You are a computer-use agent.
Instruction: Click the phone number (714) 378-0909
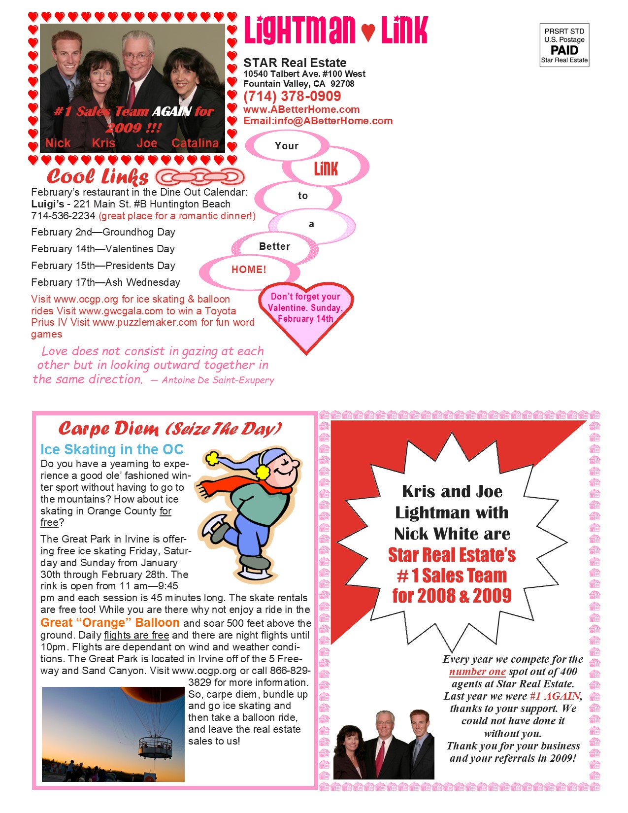point(292,97)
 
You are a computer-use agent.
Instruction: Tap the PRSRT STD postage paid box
point(564,45)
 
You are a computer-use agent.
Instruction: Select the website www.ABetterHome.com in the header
point(301,109)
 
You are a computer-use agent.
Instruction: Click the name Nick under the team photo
point(58,143)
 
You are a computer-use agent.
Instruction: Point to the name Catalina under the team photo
point(195,143)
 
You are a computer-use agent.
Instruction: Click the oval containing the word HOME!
point(249,270)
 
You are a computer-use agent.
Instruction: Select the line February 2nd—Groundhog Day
point(103,232)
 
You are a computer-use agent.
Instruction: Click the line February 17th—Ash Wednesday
point(105,282)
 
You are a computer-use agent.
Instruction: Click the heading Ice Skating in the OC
point(112,449)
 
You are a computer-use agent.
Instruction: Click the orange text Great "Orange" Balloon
point(110,623)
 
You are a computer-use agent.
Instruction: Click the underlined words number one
point(477,672)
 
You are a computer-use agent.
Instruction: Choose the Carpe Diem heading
point(170,429)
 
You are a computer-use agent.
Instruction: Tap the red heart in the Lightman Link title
point(368,33)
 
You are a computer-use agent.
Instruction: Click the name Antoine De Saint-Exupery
point(218,380)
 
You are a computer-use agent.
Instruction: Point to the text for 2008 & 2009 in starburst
point(452,596)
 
